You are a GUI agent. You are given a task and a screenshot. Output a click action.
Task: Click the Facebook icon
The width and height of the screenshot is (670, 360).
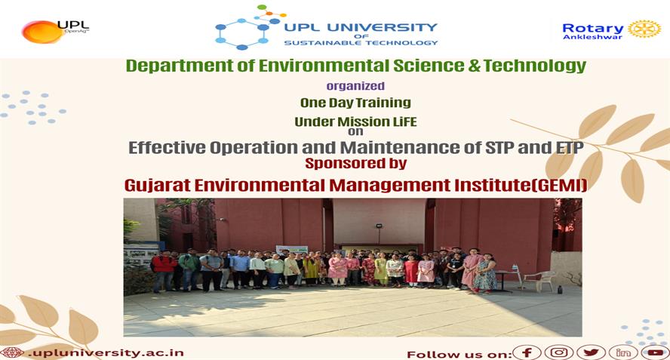click(x=527, y=352)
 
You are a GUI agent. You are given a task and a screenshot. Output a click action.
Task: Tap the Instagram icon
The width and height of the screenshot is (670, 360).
click(x=559, y=352)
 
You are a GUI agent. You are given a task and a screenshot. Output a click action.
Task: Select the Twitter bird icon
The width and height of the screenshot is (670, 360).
click(x=591, y=352)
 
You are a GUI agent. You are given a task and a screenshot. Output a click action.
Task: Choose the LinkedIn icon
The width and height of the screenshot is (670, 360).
click(x=623, y=352)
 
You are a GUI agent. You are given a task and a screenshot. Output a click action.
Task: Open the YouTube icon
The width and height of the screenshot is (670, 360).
click(x=655, y=352)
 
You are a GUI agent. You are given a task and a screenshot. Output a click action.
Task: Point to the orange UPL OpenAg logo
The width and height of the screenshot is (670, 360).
click(x=42, y=31)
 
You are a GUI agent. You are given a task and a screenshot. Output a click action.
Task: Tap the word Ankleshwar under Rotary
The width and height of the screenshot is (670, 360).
click(x=586, y=37)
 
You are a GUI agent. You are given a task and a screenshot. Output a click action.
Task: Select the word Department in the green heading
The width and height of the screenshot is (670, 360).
click(x=167, y=66)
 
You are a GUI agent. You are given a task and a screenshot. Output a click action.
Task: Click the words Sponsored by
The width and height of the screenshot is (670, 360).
click(x=355, y=163)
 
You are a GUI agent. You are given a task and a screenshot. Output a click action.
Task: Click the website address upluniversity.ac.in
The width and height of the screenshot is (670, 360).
click(x=105, y=352)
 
